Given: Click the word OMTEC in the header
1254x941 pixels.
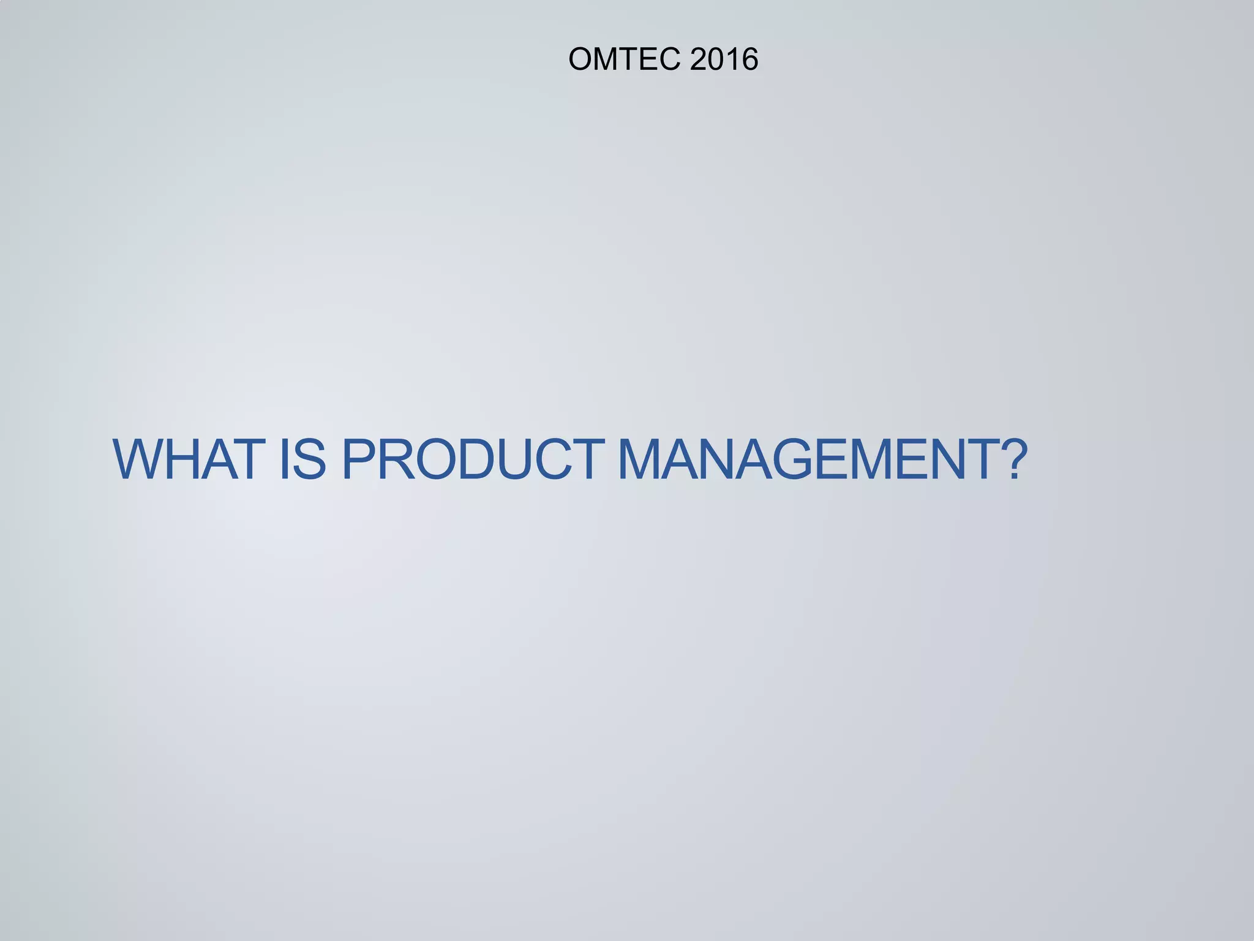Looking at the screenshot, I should coord(624,59).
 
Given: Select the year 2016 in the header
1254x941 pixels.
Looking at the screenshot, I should coord(724,59).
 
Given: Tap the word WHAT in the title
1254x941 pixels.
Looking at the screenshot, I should coord(186,459).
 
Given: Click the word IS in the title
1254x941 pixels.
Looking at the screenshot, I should coord(301,459).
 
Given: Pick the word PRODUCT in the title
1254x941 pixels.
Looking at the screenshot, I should coord(473,459).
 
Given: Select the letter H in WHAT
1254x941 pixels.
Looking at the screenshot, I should coord(186,459).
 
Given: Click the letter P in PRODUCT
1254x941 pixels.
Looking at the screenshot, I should coord(358,459).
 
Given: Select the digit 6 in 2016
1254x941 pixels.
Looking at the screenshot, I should coord(749,59).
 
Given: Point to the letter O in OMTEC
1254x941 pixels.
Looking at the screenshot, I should coord(580,59).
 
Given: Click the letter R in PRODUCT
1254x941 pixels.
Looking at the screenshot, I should coord(393,459).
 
